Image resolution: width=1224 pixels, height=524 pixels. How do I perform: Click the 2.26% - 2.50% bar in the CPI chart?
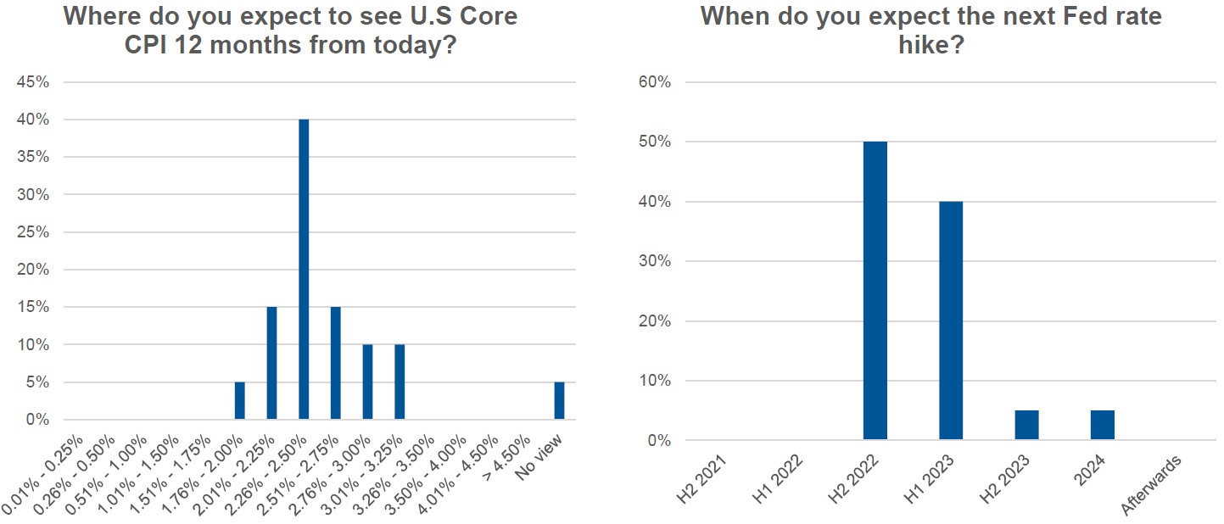[x=304, y=270]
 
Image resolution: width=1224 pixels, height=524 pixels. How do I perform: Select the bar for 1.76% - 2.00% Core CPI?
[x=240, y=401]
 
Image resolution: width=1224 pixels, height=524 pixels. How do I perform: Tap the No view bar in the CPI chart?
[x=559, y=401]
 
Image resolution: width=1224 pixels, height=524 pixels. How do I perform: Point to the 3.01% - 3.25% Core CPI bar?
[x=400, y=382]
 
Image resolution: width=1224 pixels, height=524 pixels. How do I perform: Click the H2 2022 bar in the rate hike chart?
[x=875, y=291]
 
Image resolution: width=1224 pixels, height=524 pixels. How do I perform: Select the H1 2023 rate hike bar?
[x=951, y=321]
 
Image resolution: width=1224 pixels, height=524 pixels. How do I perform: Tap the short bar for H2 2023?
[x=1026, y=426]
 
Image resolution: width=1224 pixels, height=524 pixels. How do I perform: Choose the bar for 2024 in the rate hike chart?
[x=1103, y=426]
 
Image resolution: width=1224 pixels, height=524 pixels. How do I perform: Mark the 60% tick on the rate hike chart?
[x=654, y=82]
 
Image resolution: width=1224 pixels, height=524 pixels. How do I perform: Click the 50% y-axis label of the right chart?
[x=654, y=142]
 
